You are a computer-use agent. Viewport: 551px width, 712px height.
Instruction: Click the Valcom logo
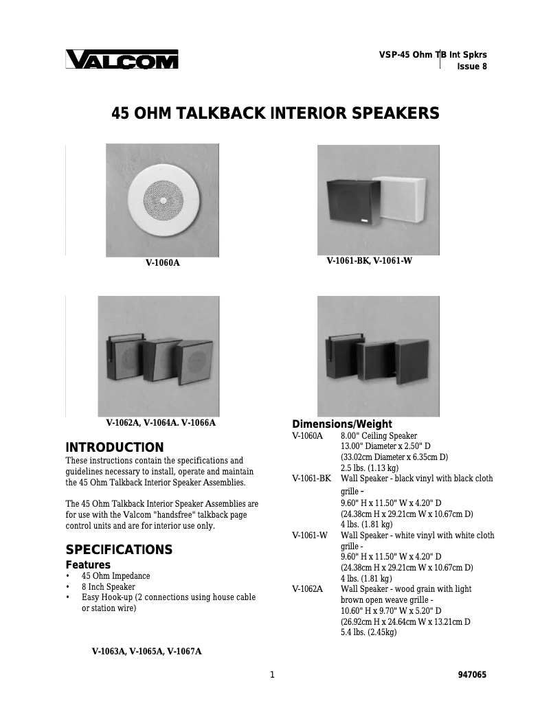coord(122,60)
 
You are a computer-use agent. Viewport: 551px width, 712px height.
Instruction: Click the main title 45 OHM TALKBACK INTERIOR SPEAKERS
coord(275,113)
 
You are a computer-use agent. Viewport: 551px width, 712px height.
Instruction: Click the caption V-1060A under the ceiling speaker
coord(162,262)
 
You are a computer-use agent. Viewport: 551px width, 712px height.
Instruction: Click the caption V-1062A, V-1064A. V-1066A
coord(161,423)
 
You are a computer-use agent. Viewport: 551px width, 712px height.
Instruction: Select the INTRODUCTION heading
coord(114,448)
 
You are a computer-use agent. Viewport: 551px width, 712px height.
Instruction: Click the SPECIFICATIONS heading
coord(118,550)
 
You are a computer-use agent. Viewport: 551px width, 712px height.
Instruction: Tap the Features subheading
coord(88,564)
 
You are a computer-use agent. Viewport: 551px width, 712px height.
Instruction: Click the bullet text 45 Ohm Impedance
coord(115,576)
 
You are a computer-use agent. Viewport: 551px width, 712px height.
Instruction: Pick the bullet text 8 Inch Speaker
coord(109,587)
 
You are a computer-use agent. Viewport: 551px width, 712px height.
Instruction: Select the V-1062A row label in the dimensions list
coord(307,589)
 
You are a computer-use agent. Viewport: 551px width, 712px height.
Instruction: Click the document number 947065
coord(472,675)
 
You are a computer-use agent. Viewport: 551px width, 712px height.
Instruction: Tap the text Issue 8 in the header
coord(472,67)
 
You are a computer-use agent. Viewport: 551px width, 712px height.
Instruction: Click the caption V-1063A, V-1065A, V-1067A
coord(146,652)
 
